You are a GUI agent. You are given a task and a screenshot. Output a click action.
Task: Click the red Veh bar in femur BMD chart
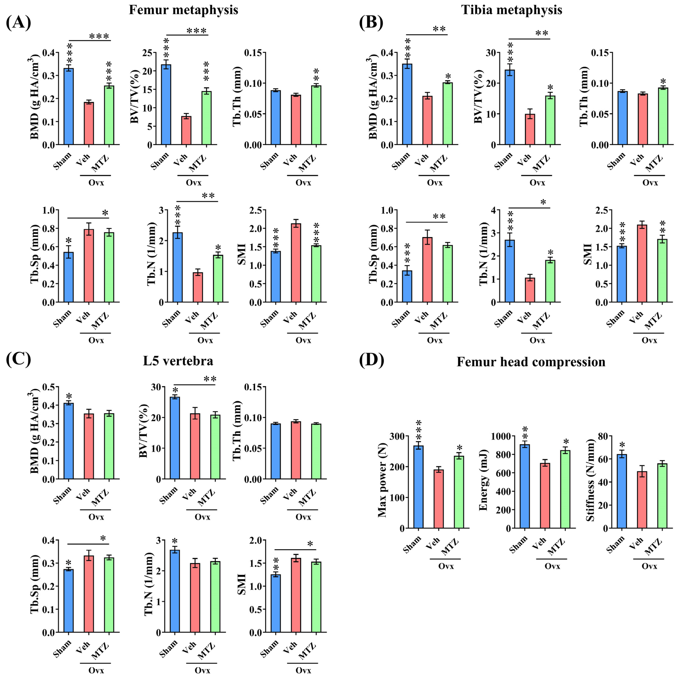[x=89, y=123]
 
